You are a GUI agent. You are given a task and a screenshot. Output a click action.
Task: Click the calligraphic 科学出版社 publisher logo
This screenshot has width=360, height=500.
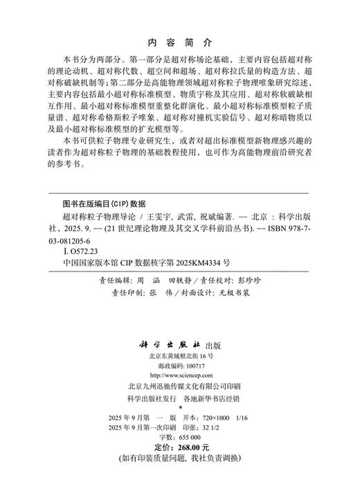(167, 325)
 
